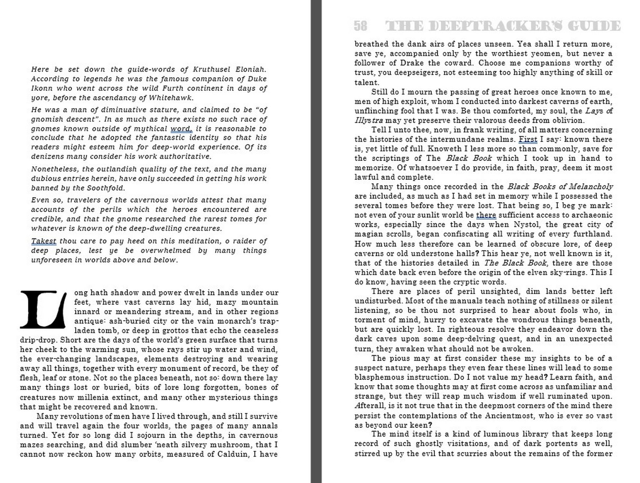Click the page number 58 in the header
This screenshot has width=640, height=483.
[x=360, y=26]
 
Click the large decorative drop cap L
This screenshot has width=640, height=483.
[x=43, y=309]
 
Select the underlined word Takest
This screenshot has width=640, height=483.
[x=44, y=241]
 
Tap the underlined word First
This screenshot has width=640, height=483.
[x=528, y=139]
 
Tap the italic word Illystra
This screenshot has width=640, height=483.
[x=369, y=121]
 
